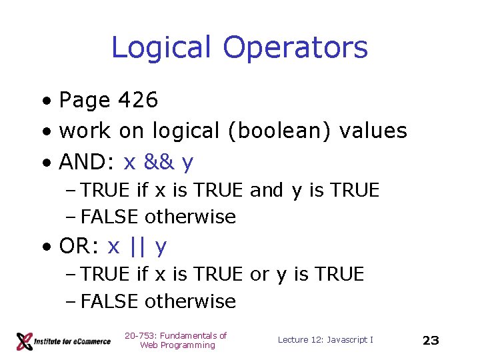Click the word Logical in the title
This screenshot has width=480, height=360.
click(x=162, y=48)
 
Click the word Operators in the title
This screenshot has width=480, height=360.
click(x=295, y=48)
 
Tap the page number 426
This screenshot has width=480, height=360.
click(x=138, y=101)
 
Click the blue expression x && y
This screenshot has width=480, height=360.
click(x=159, y=162)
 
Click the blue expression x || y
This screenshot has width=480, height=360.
click(x=137, y=247)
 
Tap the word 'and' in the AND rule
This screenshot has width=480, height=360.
click(x=266, y=191)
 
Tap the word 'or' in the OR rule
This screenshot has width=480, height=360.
click(x=259, y=275)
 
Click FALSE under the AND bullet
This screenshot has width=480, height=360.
click(x=109, y=217)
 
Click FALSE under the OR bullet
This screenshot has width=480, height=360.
click(x=109, y=302)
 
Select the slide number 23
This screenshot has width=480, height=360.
click(x=431, y=341)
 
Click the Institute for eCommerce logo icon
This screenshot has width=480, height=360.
click(x=25, y=341)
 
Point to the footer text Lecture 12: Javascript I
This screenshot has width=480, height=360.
click(x=325, y=340)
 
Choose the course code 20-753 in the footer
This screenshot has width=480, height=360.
click(x=139, y=336)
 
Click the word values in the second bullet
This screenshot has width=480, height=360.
click(x=373, y=131)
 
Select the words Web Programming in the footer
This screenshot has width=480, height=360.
click(x=177, y=345)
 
